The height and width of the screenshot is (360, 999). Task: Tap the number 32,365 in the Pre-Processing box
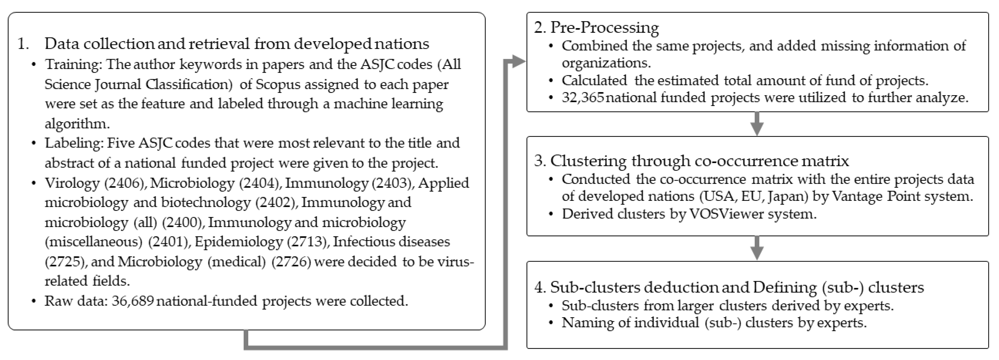coord(583,97)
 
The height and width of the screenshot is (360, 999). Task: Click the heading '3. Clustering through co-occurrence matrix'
coord(691,161)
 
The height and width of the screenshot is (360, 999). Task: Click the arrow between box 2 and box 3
coord(757,125)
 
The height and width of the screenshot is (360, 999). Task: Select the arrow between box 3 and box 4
coord(757,249)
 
